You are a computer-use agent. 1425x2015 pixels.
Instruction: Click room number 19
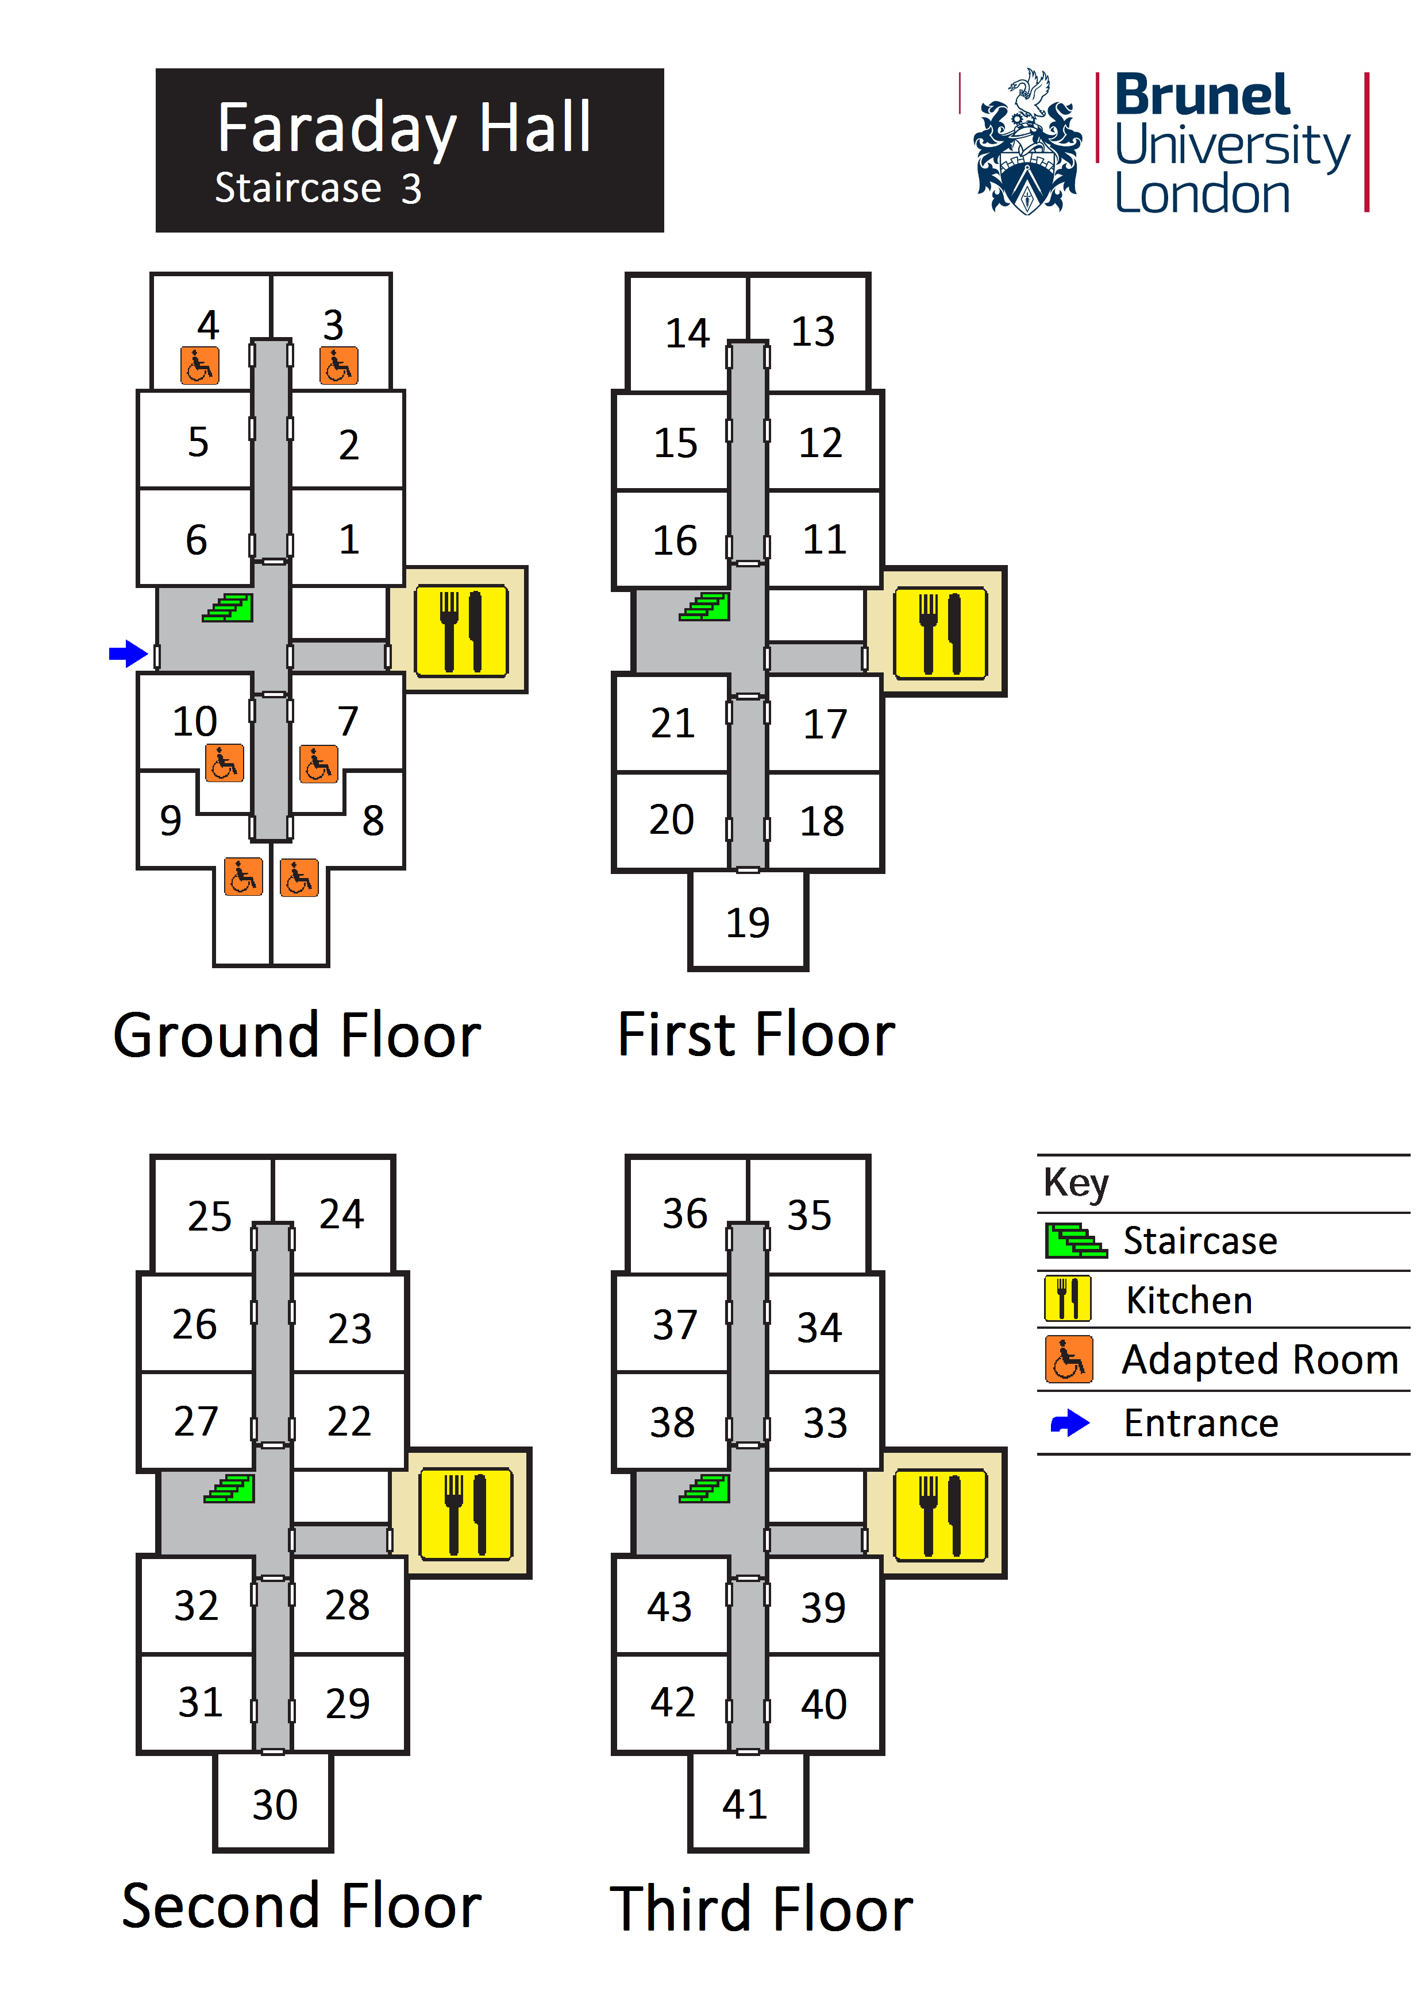pos(747,922)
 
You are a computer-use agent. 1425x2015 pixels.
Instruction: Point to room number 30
pos(275,1805)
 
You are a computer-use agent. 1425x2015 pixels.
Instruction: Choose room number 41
pos(745,1804)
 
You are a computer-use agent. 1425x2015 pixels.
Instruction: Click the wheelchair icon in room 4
pos(199,365)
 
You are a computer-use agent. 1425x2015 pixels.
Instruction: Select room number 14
pos(687,334)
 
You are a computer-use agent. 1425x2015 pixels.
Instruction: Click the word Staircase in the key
pos(1199,1241)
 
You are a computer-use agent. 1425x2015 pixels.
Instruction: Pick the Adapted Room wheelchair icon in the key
pos(1069,1359)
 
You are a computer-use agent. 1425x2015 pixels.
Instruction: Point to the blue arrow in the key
pos(1069,1422)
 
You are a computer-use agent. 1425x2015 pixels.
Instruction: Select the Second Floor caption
pos(301,1906)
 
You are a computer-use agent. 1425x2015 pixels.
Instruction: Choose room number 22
pos(349,1421)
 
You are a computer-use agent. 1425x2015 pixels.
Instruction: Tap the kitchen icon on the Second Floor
pos(465,1514)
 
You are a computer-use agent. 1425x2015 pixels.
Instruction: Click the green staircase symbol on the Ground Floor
pos(228,608)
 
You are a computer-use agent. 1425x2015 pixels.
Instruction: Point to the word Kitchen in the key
pos(1189,1299)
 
